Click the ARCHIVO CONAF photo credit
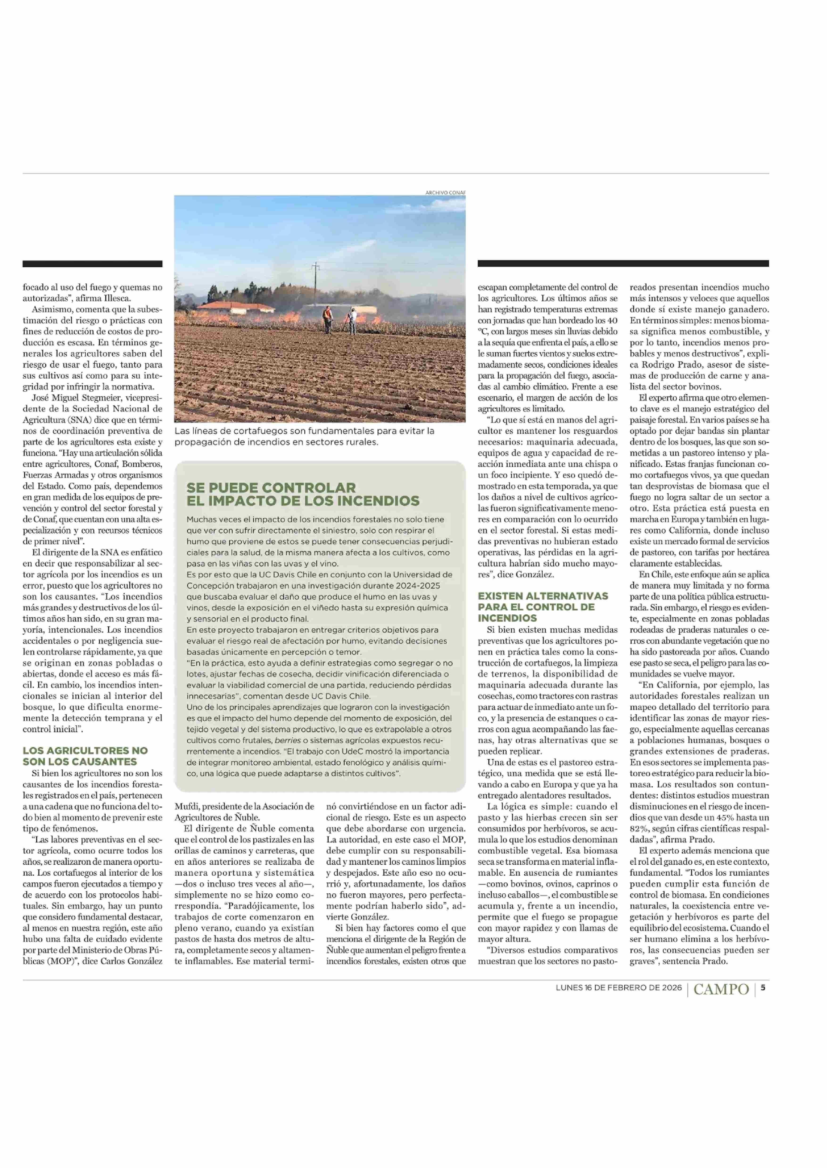point(445,192)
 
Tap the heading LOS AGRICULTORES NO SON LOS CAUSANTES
point(85,755)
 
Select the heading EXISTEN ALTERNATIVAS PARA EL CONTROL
point(543,607)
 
